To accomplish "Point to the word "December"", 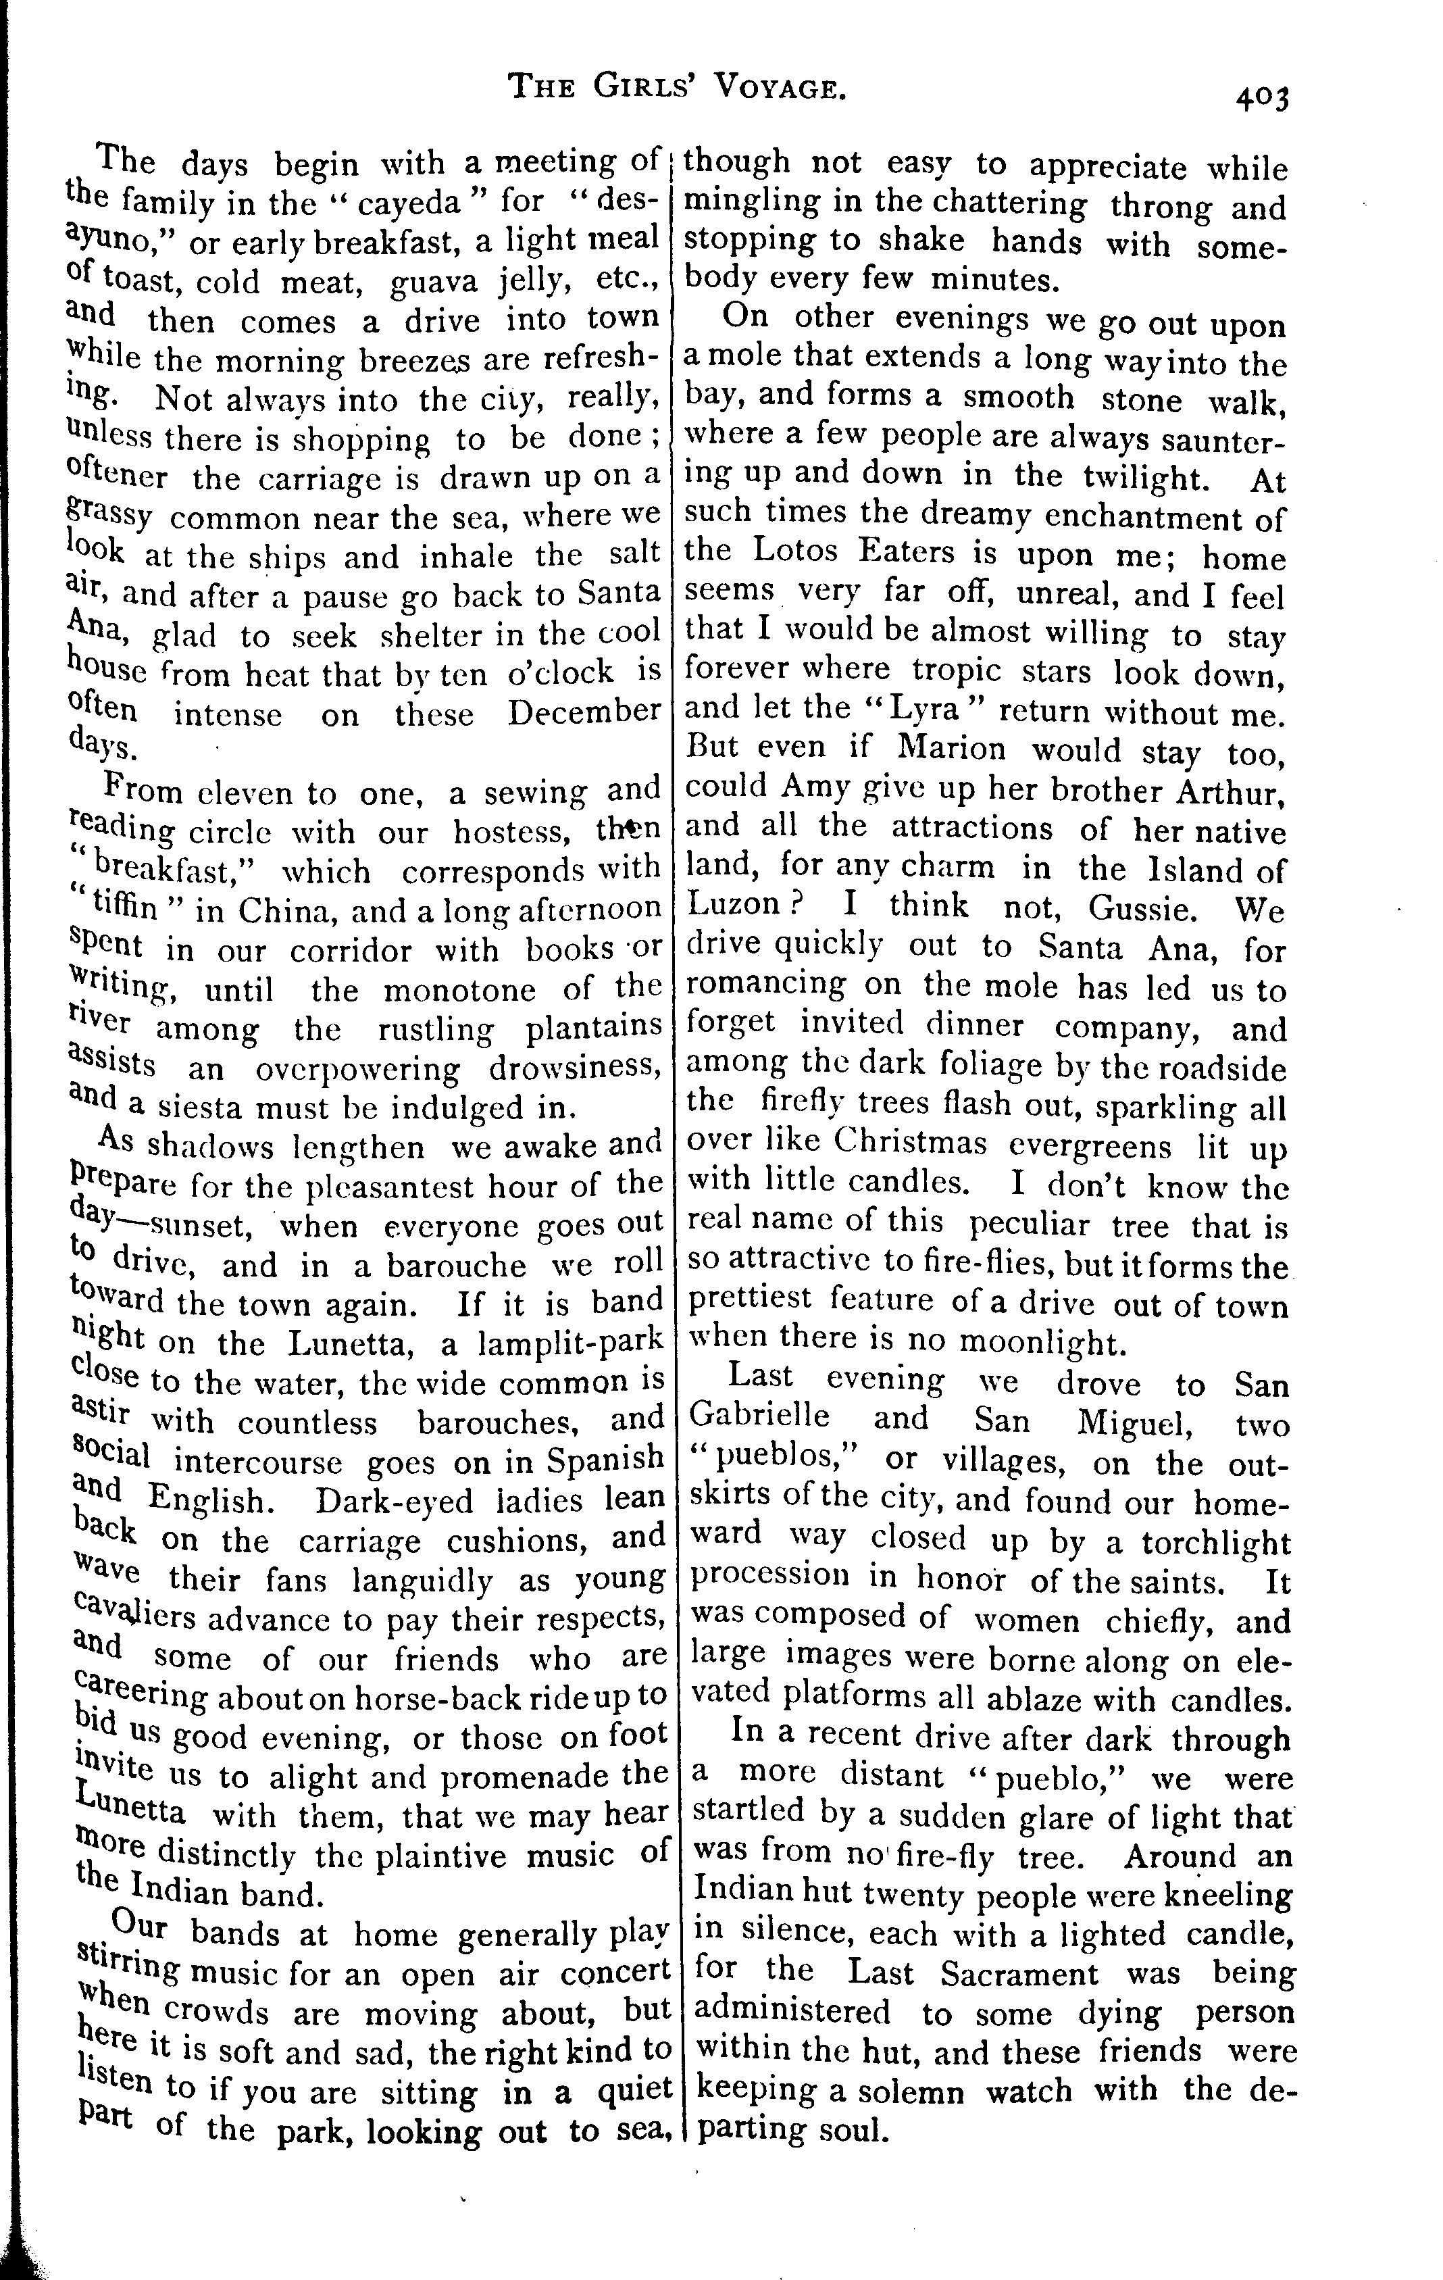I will [x=583, y=712].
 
